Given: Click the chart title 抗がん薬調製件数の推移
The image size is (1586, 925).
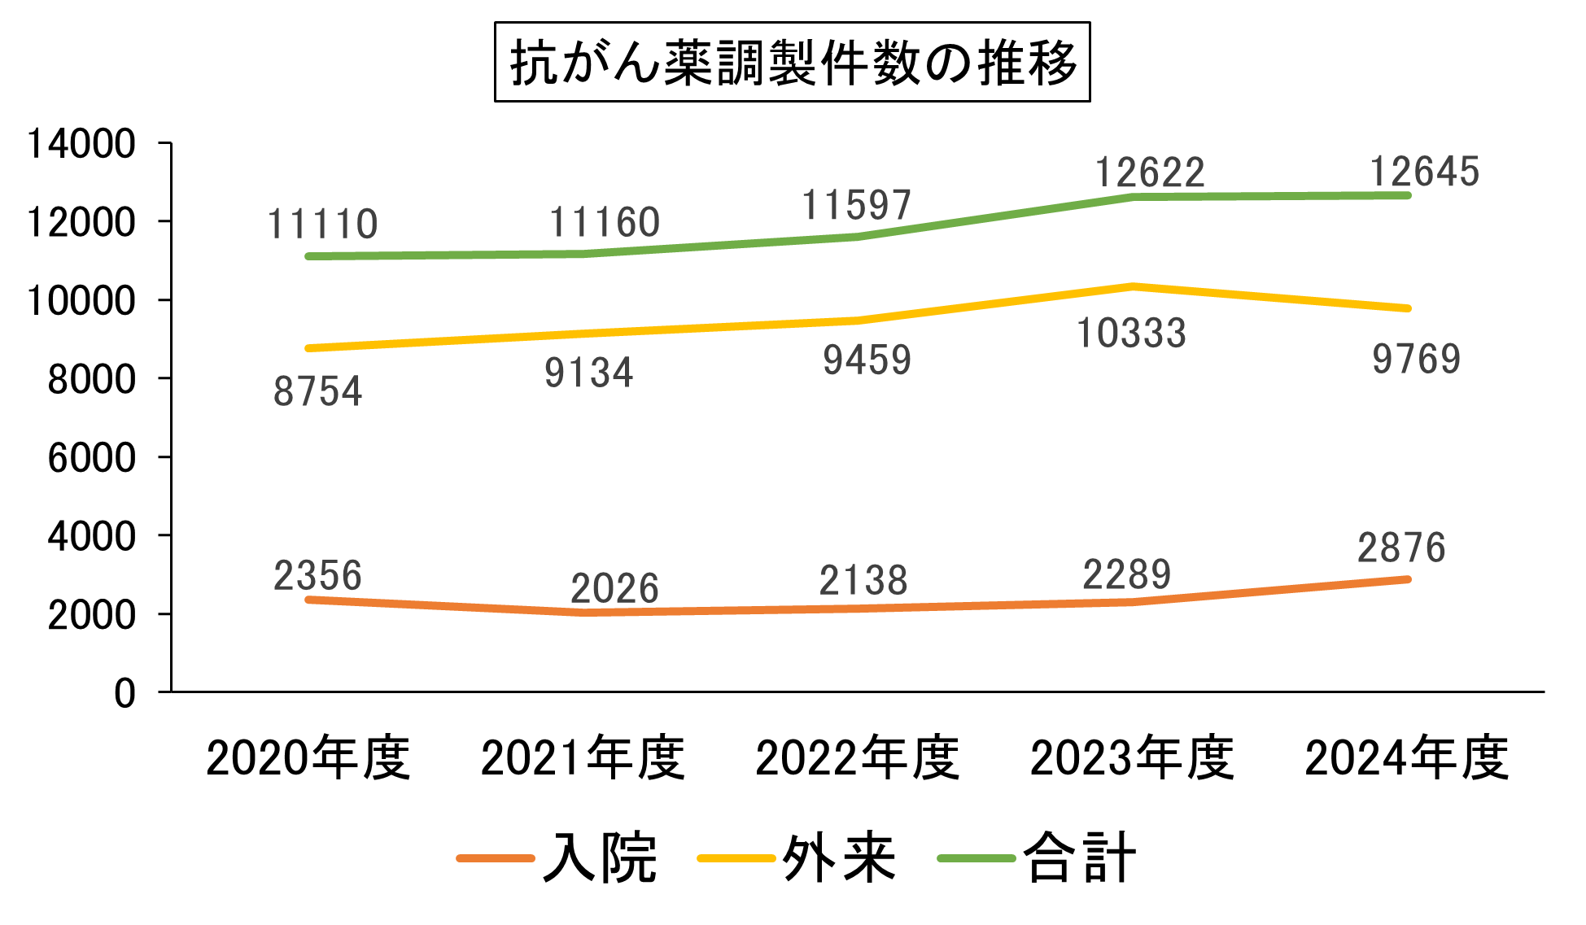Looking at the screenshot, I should tap(792, 63).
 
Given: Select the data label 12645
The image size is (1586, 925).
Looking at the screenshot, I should tap(1424, 172).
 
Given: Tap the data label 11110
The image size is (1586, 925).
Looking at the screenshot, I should tap(322, 224).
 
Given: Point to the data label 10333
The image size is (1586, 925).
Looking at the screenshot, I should tap(1131, 334).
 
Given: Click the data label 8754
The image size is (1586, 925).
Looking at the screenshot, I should tap(317, 391).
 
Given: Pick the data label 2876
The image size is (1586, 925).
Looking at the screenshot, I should tap(1401, 548).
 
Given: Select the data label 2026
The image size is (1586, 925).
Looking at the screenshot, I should tap(614, 588).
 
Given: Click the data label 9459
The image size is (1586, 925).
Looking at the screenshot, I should tap(867, 360).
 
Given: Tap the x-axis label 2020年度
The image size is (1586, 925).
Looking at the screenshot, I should tap(308, 758).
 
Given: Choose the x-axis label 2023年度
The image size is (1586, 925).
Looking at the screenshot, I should tap(1132, 758).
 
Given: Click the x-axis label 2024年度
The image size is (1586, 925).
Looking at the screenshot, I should tap(1407, 758).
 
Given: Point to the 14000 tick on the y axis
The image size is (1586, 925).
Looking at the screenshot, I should tap(81, 144).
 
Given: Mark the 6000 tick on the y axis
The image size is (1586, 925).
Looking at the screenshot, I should tap(91, 458).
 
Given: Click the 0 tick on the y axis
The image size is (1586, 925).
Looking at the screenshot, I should tap(125, 693).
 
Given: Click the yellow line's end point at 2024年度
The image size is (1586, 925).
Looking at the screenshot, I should tap(1408, 308).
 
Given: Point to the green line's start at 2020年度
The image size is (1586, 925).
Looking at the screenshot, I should tap(308, 256).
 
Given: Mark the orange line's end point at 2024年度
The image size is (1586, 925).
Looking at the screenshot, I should tap(1408, 579).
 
